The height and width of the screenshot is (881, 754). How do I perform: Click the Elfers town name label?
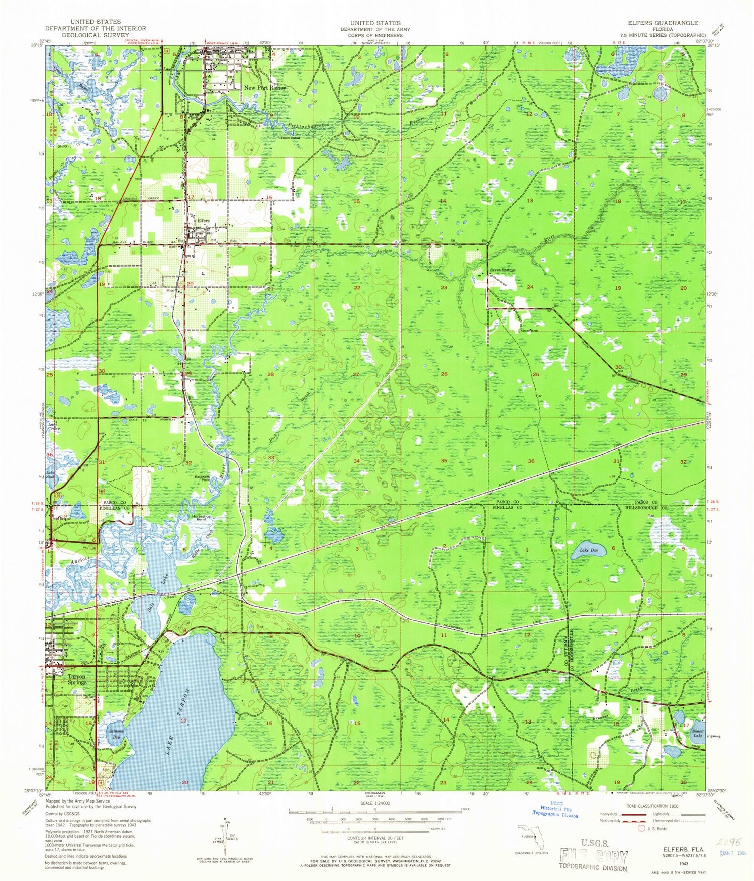[203, 220]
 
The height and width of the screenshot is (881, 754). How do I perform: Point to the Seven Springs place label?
[503, 270]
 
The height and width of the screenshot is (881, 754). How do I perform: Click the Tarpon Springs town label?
[77, 680]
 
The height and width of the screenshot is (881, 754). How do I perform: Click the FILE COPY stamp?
[594, 856]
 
